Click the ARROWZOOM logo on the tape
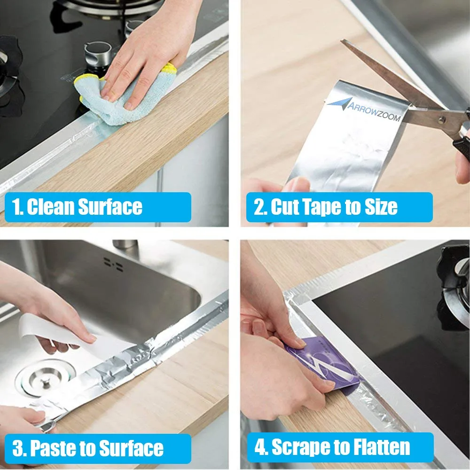[x=364, y=109]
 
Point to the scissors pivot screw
[x=441, y=120]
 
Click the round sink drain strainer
[x=45, y=378]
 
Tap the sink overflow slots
[x=113, y=264]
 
